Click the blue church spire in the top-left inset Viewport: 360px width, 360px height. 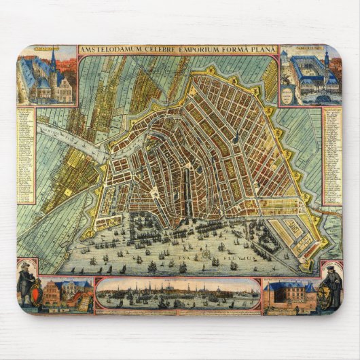coord(52,61)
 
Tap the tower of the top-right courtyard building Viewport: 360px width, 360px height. coord(327,61)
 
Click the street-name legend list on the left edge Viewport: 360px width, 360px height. coord(25,153)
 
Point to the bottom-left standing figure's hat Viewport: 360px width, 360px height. coord(26,265)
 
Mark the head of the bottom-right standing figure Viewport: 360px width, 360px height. coord(334,269)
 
